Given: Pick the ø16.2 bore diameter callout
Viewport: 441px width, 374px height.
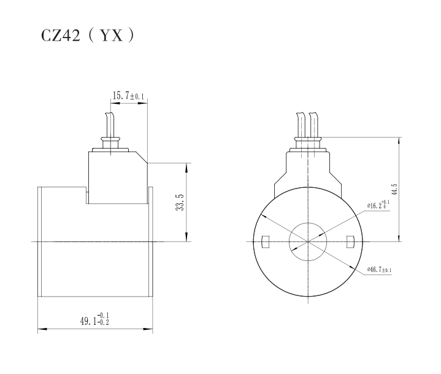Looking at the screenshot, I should tap(378, 206).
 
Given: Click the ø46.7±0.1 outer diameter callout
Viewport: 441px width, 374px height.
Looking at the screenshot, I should tap(380, 270).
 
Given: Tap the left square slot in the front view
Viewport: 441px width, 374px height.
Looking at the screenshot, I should tap(266, 242).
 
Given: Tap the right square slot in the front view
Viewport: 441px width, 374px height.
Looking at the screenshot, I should tap(350, 242).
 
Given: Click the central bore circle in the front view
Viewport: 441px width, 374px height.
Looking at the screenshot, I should tap(309, 241).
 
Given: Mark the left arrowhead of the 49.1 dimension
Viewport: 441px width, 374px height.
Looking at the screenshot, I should tap(41, 330).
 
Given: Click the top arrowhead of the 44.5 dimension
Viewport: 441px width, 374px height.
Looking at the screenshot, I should tap(400, 141).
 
